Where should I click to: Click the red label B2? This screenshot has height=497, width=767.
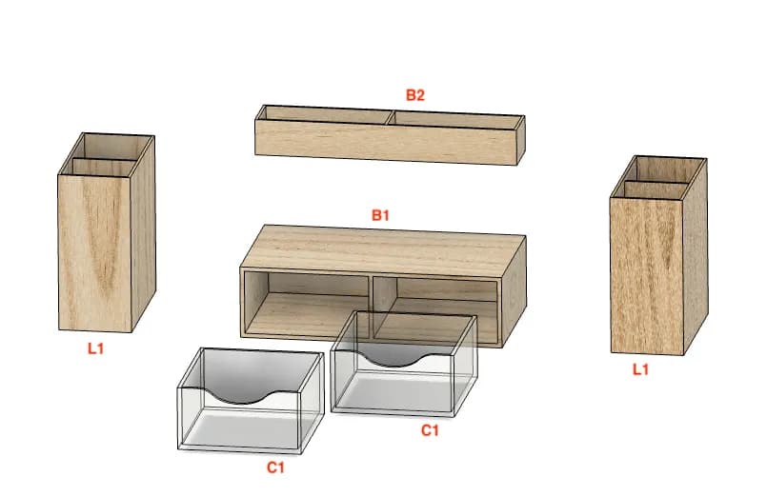[414, 95]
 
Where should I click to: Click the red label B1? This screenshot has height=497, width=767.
[380, 215]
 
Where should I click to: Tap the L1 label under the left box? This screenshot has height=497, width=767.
[96, 348]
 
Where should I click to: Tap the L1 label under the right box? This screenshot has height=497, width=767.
[640, 369]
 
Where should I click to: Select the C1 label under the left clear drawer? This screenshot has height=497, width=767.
[275, 467]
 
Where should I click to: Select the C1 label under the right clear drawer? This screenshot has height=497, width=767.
[430, 430]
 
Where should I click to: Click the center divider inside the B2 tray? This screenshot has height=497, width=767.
[391, 118]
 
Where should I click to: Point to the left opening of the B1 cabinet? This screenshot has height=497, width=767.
[307, 306]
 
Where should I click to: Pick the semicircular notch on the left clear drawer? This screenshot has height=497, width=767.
[240, 396]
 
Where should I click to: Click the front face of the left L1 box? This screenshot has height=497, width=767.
[95, 252]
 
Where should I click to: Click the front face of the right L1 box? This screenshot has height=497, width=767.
[647, 275]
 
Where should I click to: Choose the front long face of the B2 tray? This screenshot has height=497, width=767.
[387, 142]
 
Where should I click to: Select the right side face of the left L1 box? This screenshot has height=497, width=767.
[143, 233]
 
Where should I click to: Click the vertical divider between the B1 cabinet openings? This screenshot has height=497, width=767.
[372, 307]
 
